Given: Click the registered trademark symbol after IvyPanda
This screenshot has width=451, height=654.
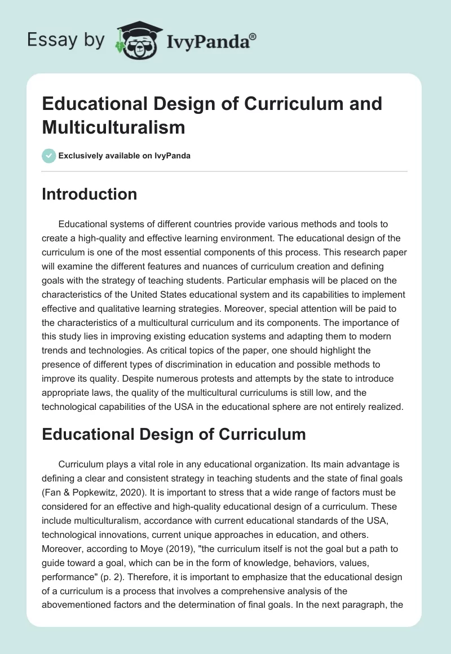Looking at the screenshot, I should click(253, 37).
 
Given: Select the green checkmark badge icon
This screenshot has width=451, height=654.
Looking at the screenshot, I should click(49, 156).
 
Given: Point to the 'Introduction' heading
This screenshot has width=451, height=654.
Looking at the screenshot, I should click(90, 194).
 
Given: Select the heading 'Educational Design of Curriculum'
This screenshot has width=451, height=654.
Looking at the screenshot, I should click(174, 434).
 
